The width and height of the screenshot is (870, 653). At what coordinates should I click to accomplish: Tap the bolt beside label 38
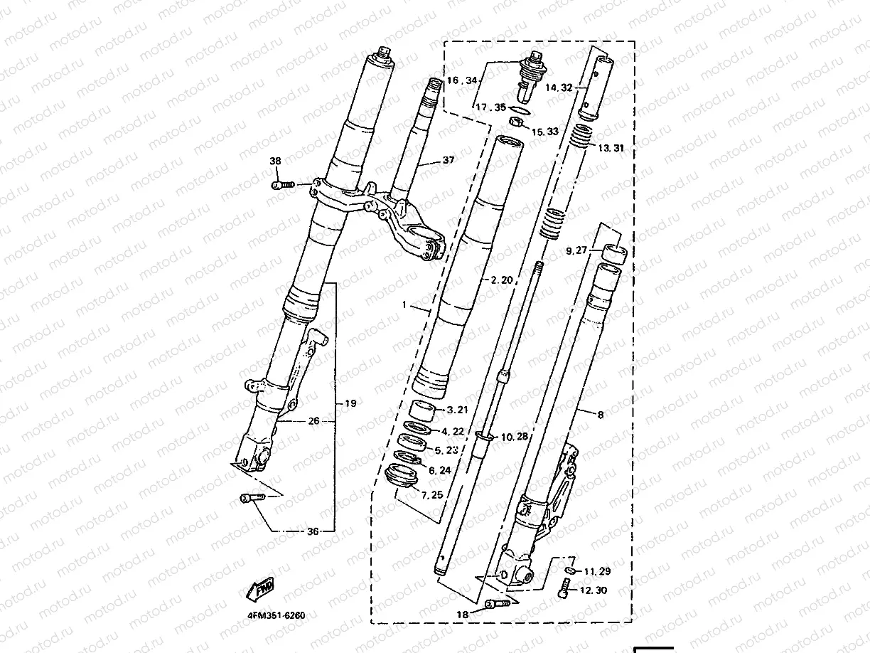coord(282,186)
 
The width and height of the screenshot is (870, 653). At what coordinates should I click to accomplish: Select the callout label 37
coord(448,161)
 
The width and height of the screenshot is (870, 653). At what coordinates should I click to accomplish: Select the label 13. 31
coord(611,148)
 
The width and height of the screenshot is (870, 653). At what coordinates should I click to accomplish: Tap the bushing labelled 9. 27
coord(615,253)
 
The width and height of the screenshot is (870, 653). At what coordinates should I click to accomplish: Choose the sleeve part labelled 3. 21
coord(424,410)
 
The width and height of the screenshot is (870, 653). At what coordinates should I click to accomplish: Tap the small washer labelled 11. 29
coord(570,569)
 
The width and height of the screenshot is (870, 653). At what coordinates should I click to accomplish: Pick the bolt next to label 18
coord(497,605)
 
